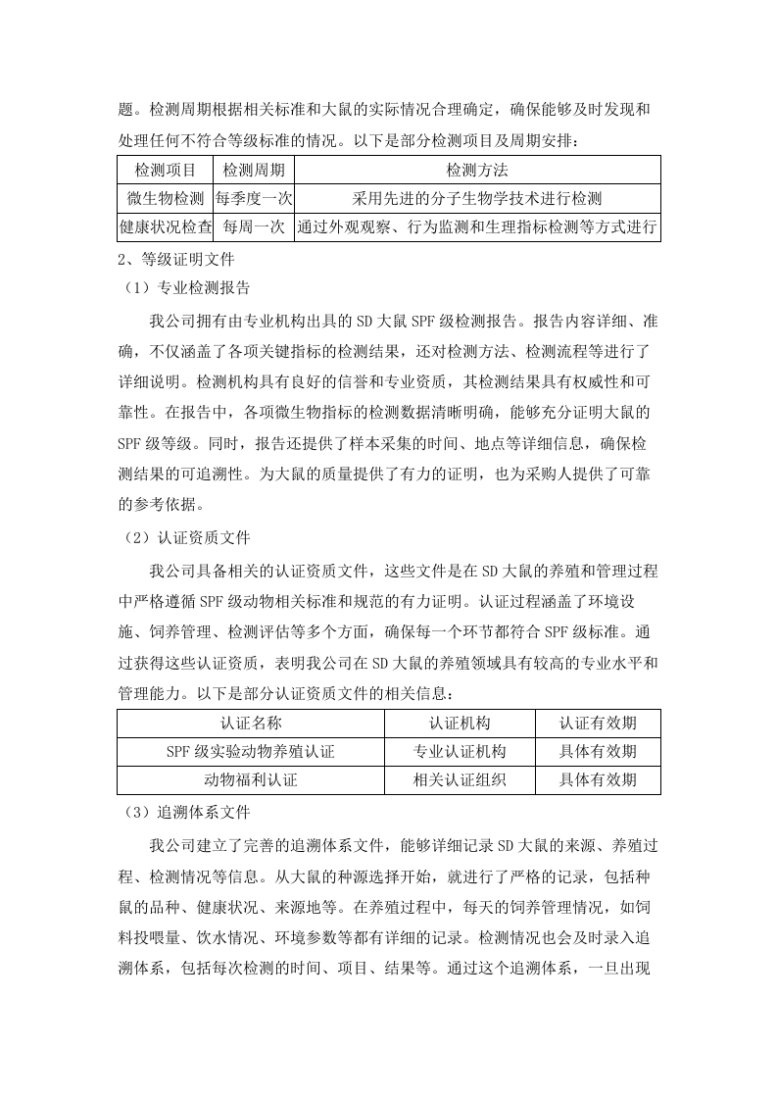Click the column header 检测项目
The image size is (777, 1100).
tap(165, 171)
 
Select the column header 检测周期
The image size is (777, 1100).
tap(253, 171)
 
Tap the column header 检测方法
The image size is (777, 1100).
tap(477, 171)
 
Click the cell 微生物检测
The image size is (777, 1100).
tap(165, 199)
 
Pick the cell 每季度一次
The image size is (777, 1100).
tap(253, 199)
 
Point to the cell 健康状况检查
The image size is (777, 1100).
tap(165, 227)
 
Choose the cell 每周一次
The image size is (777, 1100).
tap(253, 227)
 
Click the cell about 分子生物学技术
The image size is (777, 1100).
tap(477, 199)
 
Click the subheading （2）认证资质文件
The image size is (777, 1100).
tap(183, 537)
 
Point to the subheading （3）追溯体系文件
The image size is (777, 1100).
tap(183, 813)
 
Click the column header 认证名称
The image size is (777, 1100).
tap(251, 724)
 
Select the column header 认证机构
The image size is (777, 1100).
tap(460, 724)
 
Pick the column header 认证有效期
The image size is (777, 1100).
tap(598, 724)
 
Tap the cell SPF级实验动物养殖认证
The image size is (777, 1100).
tap(251, 752)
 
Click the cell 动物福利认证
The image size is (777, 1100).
tap(251, 780)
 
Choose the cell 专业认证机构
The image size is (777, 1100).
tap(460, 752)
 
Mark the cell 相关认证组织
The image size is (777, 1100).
tap(460, 780)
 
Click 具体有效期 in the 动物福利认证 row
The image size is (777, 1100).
tap(598, 780)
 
